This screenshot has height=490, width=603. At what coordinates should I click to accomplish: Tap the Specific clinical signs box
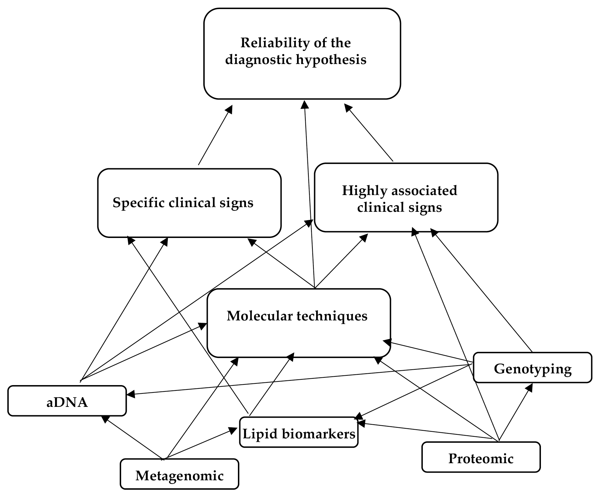[x=189, y=203]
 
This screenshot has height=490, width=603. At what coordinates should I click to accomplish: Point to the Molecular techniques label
[x=297, y=316]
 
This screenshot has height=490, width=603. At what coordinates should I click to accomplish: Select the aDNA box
[x=67, y=401]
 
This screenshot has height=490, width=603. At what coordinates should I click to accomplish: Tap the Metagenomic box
[x=180, y=475]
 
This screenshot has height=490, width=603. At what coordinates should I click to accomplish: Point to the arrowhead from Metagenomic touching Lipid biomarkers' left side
[x=234, y=430]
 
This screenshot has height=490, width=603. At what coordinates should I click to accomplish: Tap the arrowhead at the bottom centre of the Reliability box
[x=304, y=104]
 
